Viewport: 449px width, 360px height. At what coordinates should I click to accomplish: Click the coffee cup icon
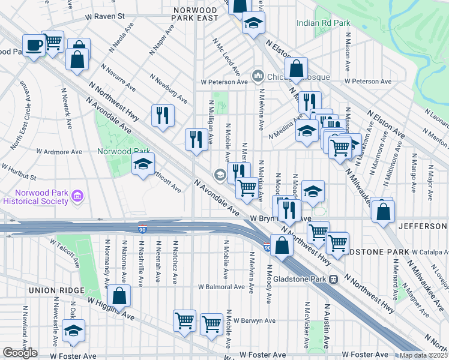click(34, 46)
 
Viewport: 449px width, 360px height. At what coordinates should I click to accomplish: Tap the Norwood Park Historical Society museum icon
click(77, 196)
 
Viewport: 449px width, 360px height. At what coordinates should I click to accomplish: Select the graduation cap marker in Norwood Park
click(143, 164)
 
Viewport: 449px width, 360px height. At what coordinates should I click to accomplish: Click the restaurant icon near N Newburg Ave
click(162, 115)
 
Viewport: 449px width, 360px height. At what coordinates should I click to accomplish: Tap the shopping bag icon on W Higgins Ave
click(120, 296)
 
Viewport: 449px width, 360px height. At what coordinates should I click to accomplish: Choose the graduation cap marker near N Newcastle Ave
click(74, 331)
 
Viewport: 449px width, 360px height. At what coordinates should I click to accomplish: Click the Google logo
click(20, 353)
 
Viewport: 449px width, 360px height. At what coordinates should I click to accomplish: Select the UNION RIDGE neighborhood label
click(53, 290)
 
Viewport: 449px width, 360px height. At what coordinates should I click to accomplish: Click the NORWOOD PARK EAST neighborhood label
click(195, 14)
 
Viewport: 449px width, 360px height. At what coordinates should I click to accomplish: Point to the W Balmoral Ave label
click(223, 287)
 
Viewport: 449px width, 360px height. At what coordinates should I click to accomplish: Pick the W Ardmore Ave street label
click(59, 152)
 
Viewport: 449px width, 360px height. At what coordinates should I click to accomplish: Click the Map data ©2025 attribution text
click(424, 355)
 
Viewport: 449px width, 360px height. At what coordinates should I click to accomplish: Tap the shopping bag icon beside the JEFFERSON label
click(382, 211)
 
